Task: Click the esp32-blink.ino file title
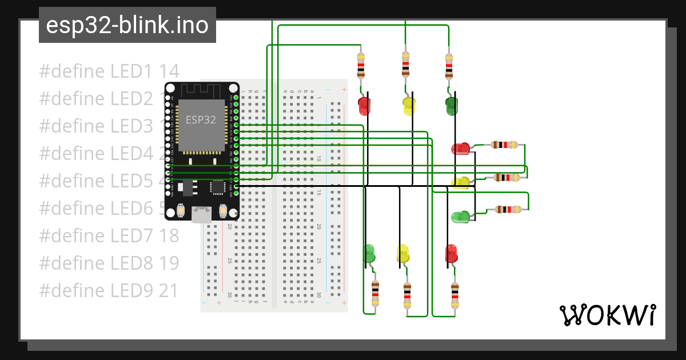(127, 26)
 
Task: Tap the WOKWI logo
(607, 315)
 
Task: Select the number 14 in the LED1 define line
(169, 71)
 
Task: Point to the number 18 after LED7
(169, 235)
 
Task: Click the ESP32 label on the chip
(201, 119)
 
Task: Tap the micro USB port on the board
(201, 214)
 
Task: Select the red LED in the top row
(364, 105)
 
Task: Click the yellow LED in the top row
(409, 106)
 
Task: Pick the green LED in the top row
(452, 105)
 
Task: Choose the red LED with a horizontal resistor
(460, 149)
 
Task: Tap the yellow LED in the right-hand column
(461, 182)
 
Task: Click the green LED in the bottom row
(369, 253)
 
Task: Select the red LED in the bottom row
(451, 253)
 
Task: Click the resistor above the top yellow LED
(405, 64)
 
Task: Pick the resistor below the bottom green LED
(375, 294)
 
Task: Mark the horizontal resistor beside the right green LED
(507, 210)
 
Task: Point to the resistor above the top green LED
(449, 65)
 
